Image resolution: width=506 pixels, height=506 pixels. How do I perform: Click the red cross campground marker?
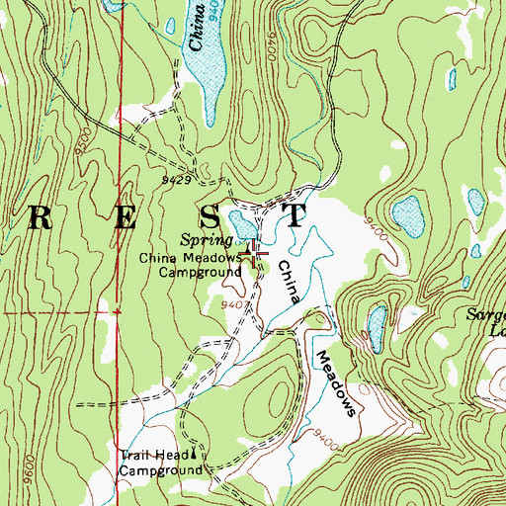(255, 255)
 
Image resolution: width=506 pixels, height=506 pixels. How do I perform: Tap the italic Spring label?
(206, 240)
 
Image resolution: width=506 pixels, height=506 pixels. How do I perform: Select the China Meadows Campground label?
(190, 264)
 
